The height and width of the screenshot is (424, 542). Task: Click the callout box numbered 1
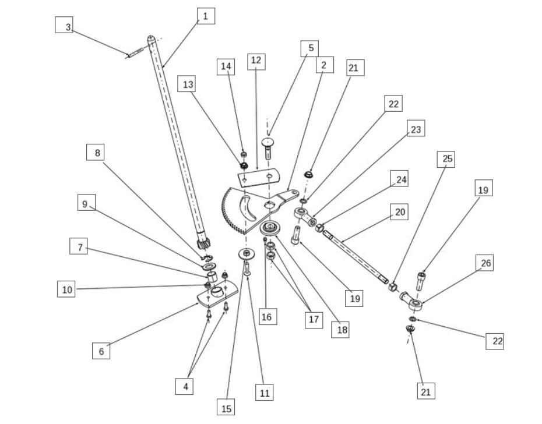(205, 16)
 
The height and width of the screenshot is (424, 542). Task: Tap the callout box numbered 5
(311, 48)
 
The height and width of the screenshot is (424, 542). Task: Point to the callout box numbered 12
(255, 61)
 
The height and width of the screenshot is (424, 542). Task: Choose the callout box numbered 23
(416, 129)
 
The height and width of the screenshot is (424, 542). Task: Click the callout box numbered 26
(485, 263)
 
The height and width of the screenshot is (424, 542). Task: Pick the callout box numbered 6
(101, 351)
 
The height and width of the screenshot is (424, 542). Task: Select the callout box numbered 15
(226, 408)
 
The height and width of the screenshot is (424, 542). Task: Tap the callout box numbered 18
(341, 330)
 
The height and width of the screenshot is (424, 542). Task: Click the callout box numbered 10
(66, 289)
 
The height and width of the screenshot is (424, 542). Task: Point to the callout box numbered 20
(399, 213)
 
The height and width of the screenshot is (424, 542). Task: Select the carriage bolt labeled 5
(268, 147)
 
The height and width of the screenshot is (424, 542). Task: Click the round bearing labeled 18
(269, 227)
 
